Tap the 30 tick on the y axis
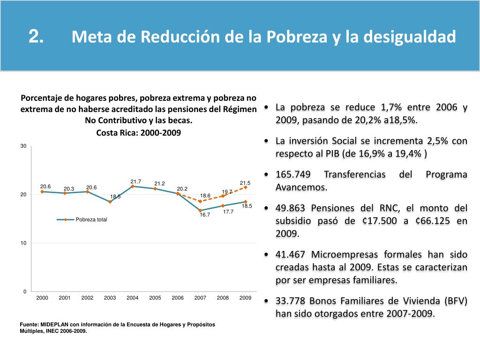(23, 147)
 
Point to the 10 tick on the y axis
(23, 243)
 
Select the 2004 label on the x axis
(133, 298)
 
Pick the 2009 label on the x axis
(245, 298)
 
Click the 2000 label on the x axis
(42, 298)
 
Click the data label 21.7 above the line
(136, 181)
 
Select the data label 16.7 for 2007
(205, 215)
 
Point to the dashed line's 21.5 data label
(245, 183)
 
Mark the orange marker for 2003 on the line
(110, 202)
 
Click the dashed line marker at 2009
(245, 187)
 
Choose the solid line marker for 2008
(223, 206)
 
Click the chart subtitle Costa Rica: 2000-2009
(138, 133)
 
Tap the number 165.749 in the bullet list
(293, 175)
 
